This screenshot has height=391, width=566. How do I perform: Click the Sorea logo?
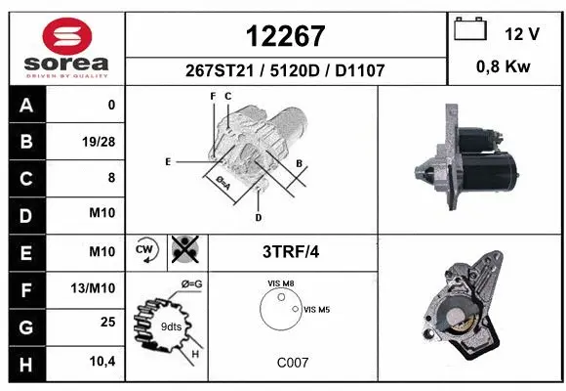66,48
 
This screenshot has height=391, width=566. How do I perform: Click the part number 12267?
285,36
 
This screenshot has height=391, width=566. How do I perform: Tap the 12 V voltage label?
522,33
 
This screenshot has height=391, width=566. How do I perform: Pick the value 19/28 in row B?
99,142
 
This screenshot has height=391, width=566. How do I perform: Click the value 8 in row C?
110,178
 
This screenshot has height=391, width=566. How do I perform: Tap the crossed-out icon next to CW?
182,250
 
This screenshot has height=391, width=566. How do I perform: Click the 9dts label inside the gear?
171,326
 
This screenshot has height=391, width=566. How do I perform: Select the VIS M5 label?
318,309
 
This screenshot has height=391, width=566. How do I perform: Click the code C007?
292,363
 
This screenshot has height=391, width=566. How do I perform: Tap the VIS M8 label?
282,283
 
